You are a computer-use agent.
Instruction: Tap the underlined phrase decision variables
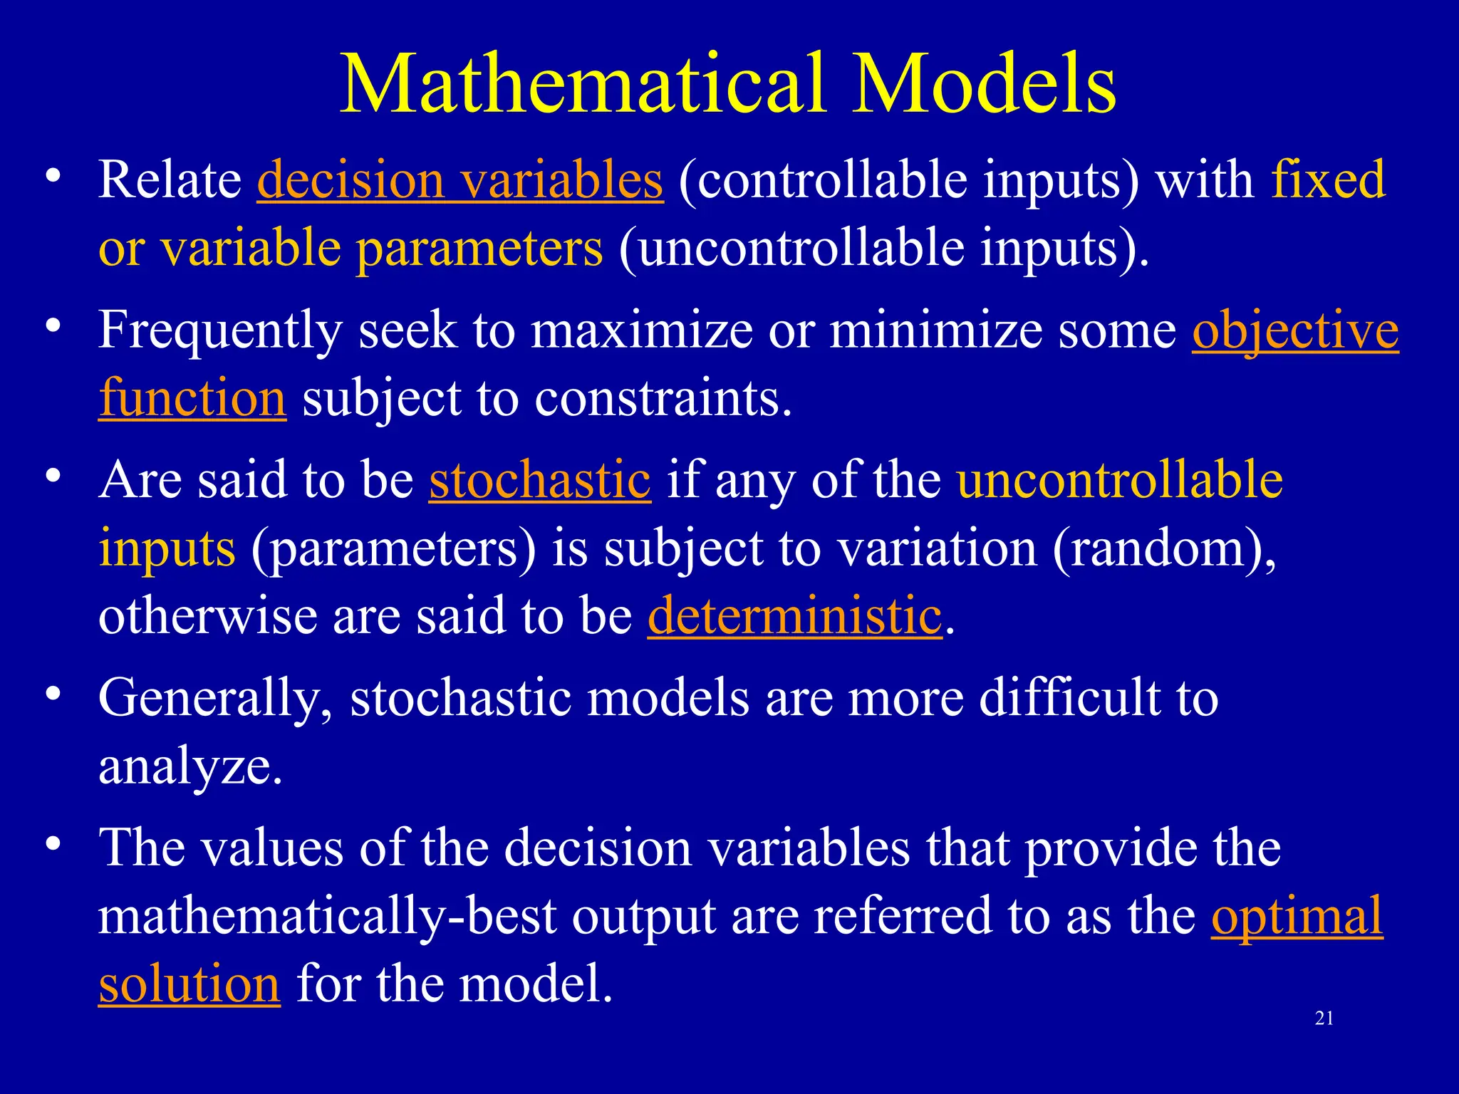[459, 179]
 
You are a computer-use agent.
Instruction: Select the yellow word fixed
[1329, 179]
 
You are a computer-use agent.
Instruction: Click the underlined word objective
[1295, 330]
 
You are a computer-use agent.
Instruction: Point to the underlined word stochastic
[539, 480]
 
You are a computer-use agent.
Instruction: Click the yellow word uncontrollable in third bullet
[1119, 480]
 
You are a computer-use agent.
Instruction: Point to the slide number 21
[1324, 1019]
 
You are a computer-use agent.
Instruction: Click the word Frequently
[219, 330]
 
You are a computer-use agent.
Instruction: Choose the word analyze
[190, 768]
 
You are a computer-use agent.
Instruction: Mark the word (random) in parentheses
[1163, 548]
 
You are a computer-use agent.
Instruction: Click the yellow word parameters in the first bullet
[479, 249]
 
